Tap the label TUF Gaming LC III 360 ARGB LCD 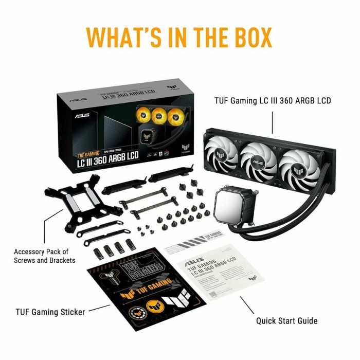click(x=272, y=101)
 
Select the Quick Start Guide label click(x=286, y=321)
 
